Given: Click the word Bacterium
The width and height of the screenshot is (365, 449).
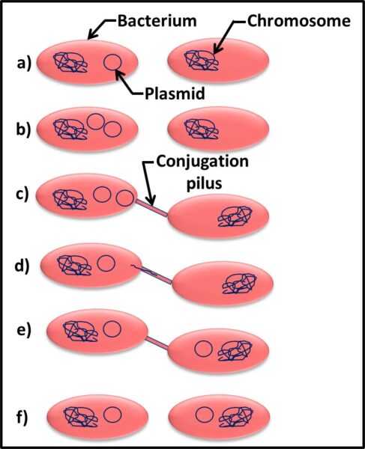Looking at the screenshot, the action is pos(157,21).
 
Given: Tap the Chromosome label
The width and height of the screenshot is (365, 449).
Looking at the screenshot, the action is pos(299,21).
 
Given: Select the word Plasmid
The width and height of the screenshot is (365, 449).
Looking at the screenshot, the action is pos(175,93).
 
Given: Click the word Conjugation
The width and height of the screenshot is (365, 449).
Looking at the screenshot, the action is pos(202,162).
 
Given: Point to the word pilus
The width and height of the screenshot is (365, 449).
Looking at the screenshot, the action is pos(204,183).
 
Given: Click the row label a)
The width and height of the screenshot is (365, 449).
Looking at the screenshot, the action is pos(24,64).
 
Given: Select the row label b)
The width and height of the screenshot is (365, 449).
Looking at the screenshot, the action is pos(23,129).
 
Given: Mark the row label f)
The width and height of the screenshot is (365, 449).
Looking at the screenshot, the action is pos(22,418).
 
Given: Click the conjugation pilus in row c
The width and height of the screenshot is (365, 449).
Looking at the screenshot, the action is pos(151,208).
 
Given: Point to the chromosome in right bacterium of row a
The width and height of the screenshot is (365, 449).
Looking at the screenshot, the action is pos(201,61).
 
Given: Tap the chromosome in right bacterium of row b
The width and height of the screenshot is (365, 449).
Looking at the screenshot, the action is pos(201,129).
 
